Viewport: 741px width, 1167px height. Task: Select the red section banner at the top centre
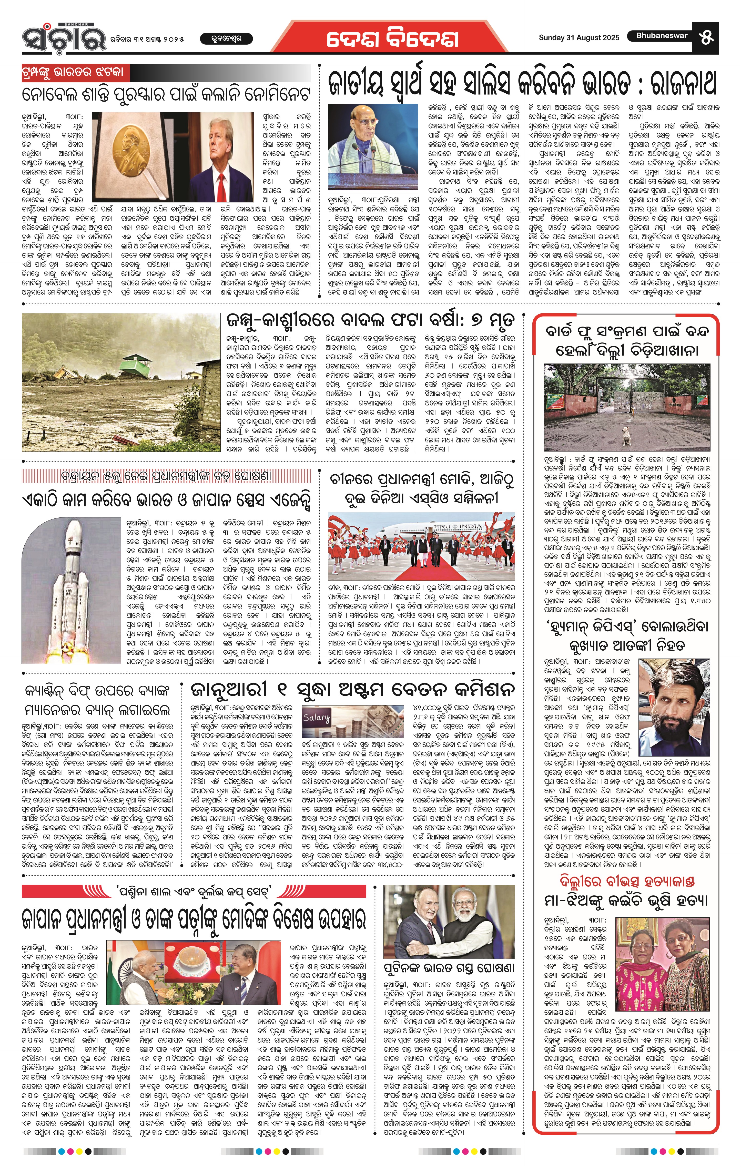tap(393, 38)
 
